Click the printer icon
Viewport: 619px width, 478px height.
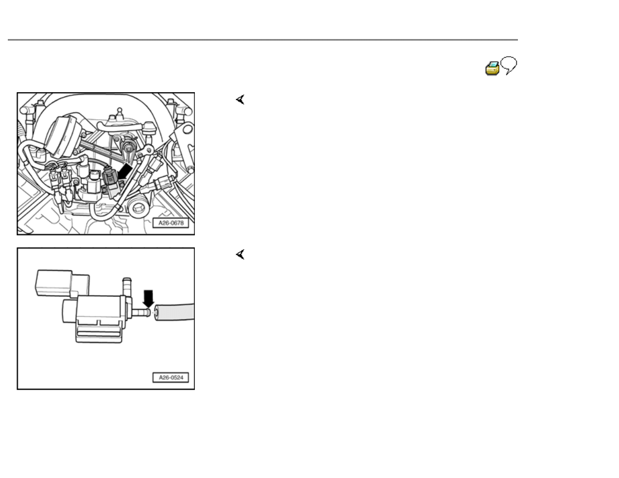coord(492,68)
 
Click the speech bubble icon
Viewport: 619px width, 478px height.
coord(509,65)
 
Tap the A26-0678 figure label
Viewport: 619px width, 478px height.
coord(171,223)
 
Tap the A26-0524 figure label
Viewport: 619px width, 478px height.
coord(171,378)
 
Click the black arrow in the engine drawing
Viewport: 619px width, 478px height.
coord(125,171)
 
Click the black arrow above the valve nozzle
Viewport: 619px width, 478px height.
coord(148,298)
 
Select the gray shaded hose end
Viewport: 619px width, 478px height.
coord(174,312)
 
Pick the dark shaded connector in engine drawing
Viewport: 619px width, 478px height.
coord(110,181)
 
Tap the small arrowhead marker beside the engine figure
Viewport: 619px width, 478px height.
coord(240,99)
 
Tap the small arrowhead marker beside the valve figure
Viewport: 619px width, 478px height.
coord(240,255)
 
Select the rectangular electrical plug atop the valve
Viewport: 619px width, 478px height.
coord(63,283)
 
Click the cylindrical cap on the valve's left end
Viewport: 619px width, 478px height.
coord(69,311)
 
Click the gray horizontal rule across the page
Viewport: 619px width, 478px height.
coord(263,40)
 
